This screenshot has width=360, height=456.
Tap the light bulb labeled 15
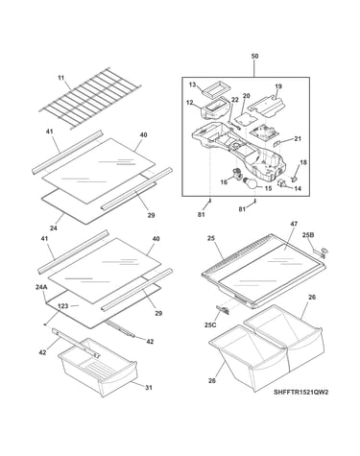click(x=252, y=183)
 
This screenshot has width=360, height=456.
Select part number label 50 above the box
click(x=254, y=57)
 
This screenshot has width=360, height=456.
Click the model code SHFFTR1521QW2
click(x=301, y=392)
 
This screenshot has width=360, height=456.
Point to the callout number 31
click(x=149, y=388)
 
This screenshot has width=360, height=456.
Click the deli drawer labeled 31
click(x=98, y=367)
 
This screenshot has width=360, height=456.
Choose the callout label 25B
click(x=308, y=235)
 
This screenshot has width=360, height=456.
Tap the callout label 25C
click(x=210, y=324)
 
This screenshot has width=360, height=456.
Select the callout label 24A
click(x=41, y=287)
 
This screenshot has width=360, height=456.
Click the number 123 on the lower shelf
click(x=63, y=306)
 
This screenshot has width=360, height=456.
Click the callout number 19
click(x=277, y=86)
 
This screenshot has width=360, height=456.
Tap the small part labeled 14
click(x=281, y=183)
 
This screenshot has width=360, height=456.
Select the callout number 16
click(x=224, y=182)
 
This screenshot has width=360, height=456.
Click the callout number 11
click(x=61, y=78)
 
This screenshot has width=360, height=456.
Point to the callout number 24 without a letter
click(x=53, y=228)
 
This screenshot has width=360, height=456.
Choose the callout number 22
click(x=235, y=100)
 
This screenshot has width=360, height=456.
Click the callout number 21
click(x=298, y=139)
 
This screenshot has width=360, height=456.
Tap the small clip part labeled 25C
click(x=223, y=308)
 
